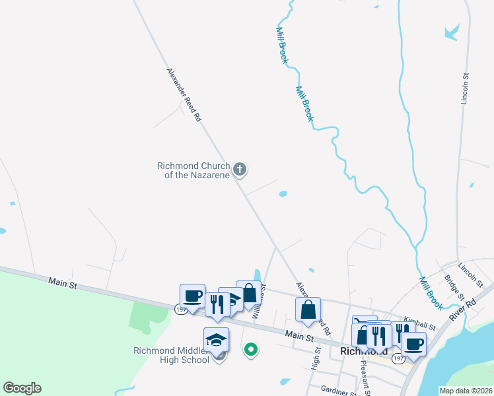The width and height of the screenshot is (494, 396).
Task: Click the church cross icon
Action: tap(240, 170)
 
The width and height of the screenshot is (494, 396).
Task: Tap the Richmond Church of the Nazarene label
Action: tap(193, 170)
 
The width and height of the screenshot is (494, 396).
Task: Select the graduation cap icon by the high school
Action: tap(217, 340)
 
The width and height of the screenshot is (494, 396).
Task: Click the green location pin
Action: tap(250, 350)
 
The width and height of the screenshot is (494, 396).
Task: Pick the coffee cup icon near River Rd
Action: tap(413, 343)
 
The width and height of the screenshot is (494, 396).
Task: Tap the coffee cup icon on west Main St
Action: tap(193, 296)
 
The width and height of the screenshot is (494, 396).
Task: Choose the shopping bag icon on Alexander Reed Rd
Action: tap(308, 309)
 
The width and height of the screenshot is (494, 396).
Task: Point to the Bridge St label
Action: tap(455, 288)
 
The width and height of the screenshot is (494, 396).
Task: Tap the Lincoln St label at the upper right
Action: tap(465, 89)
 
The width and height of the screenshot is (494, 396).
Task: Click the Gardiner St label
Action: tap(336, 391)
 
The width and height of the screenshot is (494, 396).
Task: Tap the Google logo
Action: tap(21, 389)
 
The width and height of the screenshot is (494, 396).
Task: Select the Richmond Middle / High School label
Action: tap(171, 355)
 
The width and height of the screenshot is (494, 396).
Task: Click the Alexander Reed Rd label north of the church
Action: tap(184, 94)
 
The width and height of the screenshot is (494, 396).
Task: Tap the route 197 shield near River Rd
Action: tap(398, 358)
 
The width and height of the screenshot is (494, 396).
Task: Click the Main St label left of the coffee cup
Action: tap(63, 284)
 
